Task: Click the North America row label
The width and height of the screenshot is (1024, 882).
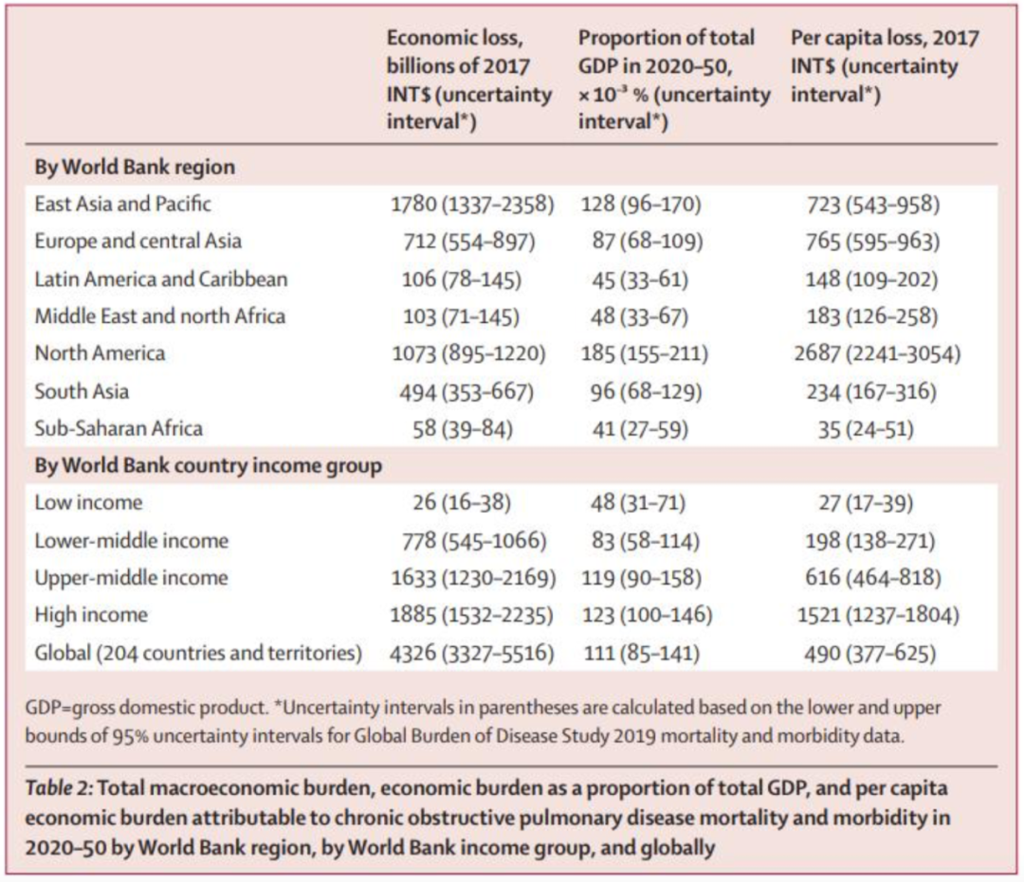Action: [100, 353]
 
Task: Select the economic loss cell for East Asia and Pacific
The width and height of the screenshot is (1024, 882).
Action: [472, 205]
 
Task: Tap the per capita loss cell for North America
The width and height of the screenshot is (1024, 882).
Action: [877, 353]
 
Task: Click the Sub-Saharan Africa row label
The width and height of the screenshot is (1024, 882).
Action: [119, 428]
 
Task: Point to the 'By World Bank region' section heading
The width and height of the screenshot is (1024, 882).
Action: [135, 167]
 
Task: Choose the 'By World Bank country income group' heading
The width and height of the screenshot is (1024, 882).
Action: [209, 466]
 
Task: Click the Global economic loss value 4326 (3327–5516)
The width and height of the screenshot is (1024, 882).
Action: [471, 653]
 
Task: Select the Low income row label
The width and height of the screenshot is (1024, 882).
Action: [88, 503]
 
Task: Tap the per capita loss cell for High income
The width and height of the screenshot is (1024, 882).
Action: [878, 615]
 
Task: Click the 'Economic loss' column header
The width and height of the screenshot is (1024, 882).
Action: [469, 80]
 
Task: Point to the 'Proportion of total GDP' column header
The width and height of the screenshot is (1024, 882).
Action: [674, 80]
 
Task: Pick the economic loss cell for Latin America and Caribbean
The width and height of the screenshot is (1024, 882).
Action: [462, 279]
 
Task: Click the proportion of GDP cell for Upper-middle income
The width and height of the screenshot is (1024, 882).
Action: [641, 578]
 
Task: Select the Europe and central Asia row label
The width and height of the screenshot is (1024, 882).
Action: [137, 242]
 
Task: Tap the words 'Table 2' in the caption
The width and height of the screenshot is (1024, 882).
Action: [59, 788]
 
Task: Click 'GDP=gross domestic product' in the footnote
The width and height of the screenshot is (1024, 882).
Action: [146, 708]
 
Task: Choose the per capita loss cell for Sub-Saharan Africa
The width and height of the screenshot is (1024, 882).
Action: [866, 429]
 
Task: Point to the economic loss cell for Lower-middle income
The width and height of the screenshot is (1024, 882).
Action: [473, 541]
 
